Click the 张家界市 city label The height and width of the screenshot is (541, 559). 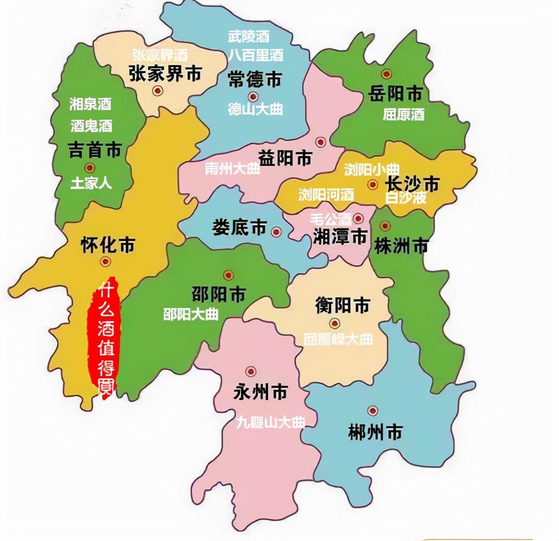[x=164, y=74]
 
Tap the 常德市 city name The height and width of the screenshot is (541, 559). [x=255, y=79]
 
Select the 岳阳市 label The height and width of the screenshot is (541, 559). [x=395, y=94]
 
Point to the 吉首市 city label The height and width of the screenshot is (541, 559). [x=95, y=150]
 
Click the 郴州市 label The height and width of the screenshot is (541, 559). [x=375, y=431]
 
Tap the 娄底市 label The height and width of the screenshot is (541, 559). [x=239, y=228]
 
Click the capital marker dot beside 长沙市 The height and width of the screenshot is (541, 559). [x=372, y=184]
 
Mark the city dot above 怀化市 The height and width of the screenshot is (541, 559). [x=106, y=262]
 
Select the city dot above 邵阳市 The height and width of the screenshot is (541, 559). [x=228, y=275]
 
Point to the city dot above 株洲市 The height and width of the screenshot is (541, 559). [x=385, y=226]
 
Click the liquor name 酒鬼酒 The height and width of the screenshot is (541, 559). [x=91, y=125]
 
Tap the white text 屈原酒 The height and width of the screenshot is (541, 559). [x=404, y=114]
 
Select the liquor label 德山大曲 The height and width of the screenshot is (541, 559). [x=255, y=109]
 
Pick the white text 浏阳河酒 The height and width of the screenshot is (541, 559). [x=326, y=195]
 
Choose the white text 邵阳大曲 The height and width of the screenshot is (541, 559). [x=191, y=314]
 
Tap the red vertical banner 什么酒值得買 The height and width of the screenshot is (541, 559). [x=104, y=339]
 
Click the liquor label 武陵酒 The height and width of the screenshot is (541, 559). [x=249, y=36]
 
